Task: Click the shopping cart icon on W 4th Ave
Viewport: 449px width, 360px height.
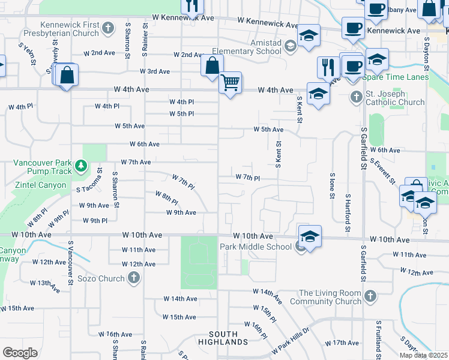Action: pos(230,83)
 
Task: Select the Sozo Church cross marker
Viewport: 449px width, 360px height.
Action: pos(133,278)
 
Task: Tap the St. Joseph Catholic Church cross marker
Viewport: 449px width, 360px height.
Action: pos(356,96)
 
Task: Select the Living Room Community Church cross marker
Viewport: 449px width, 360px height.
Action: pos(370,296)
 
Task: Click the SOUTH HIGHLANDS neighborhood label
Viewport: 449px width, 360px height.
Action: pos(228,338)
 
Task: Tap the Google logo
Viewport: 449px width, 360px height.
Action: pos(20,353)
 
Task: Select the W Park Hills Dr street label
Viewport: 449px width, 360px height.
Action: pos(289,340)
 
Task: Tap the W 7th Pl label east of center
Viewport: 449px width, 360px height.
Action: pos(247,178)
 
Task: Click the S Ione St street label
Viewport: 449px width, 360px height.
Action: pos(331,187)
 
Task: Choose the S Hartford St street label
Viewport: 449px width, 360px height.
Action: pos(348,212)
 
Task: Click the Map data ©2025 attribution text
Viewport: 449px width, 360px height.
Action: pos(423,355)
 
